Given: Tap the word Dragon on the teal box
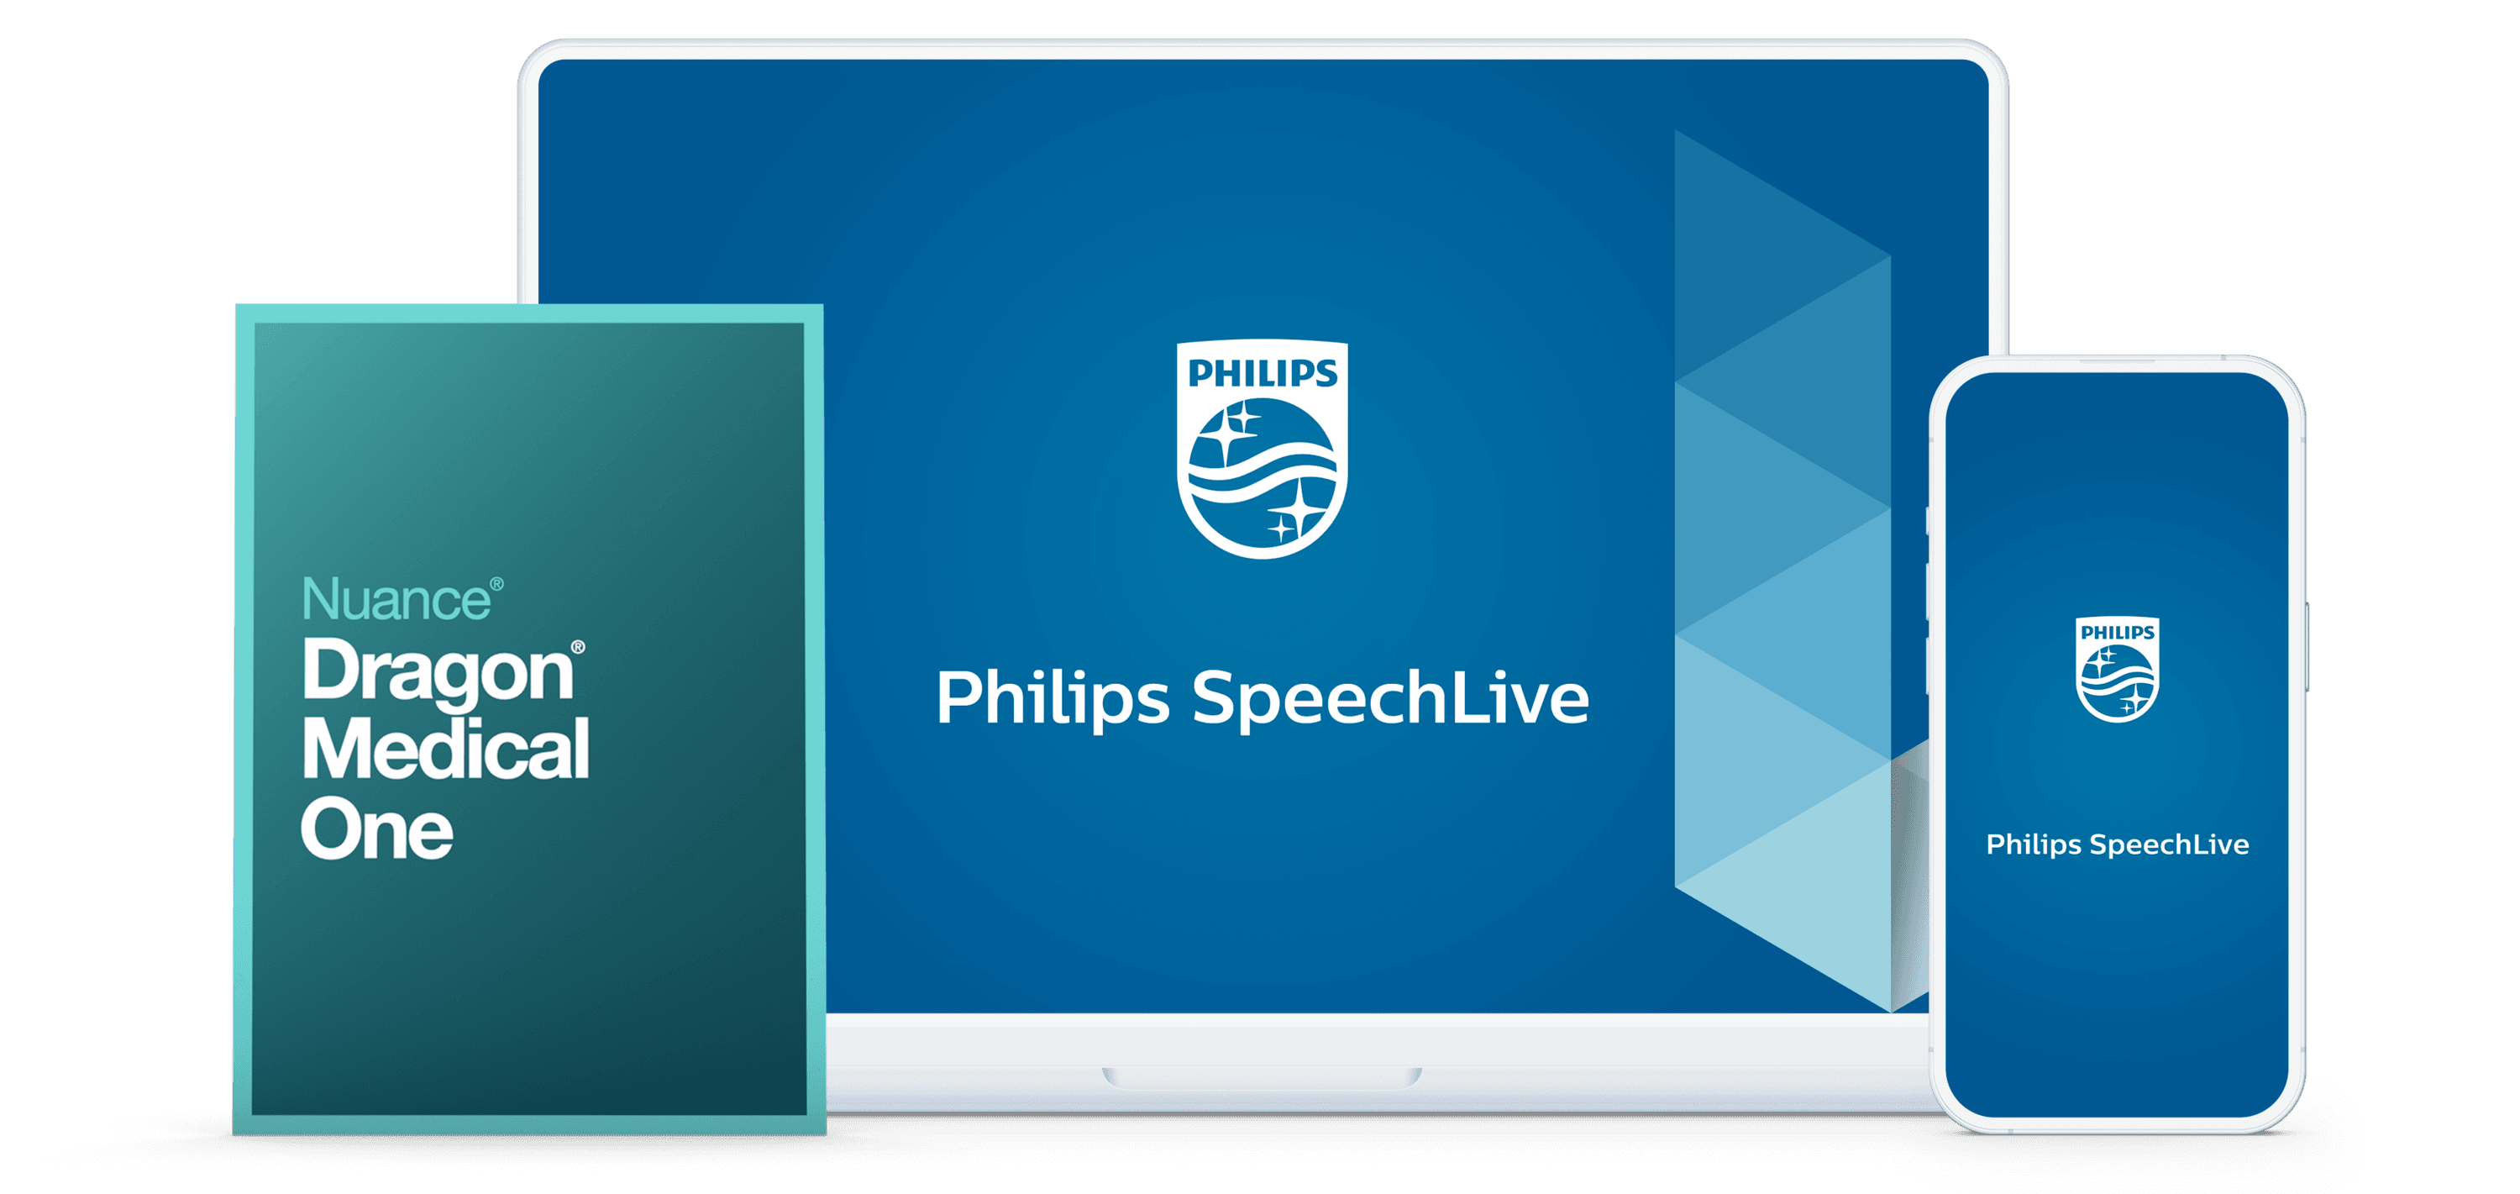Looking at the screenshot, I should point(438,672).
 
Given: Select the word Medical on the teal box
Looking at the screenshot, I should point(445,750).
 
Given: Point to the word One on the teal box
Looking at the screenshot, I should point(376,831).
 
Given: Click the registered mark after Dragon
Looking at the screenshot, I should point(578,647).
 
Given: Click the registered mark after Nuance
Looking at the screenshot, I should point(497,584).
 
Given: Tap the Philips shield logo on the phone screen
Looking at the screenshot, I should point(2117,670).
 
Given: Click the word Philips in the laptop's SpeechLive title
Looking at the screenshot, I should point(1053,699).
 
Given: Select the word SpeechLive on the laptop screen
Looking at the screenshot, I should point(1390,699).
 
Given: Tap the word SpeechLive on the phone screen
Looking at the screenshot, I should point(2169,844).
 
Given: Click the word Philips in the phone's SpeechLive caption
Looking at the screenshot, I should point(2033,844).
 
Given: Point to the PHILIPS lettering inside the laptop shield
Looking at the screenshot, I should point(1262,374).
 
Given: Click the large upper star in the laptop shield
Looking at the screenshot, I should point(1223,430).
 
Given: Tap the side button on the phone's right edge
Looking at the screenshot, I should point(2306,646).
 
